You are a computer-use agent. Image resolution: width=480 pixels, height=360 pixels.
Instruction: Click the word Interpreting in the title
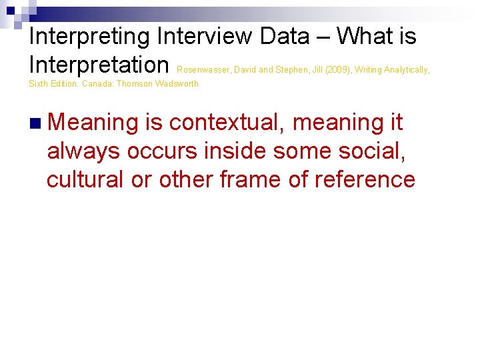coord(90,37)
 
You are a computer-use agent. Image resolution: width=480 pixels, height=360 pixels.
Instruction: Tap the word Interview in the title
coord(207,37)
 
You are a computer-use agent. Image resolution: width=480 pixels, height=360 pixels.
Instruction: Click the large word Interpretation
coord(99,65)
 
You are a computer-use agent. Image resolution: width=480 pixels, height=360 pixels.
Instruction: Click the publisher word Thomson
coord(134,84)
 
